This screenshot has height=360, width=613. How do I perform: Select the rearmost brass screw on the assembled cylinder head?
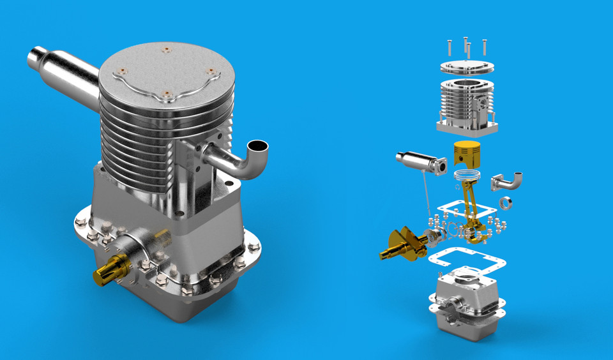pyautogui.click(x=166, y=49)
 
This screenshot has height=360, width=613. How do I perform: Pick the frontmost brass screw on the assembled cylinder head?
pyautogui.click(x=167, y=94)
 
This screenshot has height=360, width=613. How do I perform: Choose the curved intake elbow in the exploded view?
pyautogui.click(x=508, y=182)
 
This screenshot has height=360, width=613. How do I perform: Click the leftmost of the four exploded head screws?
pyautogui.click(x=449, y=47)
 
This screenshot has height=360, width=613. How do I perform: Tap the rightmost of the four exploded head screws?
pyautogui.click(x=485, y=47)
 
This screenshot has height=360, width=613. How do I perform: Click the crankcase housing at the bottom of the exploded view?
pyautogui.click(x=466, y=306)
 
